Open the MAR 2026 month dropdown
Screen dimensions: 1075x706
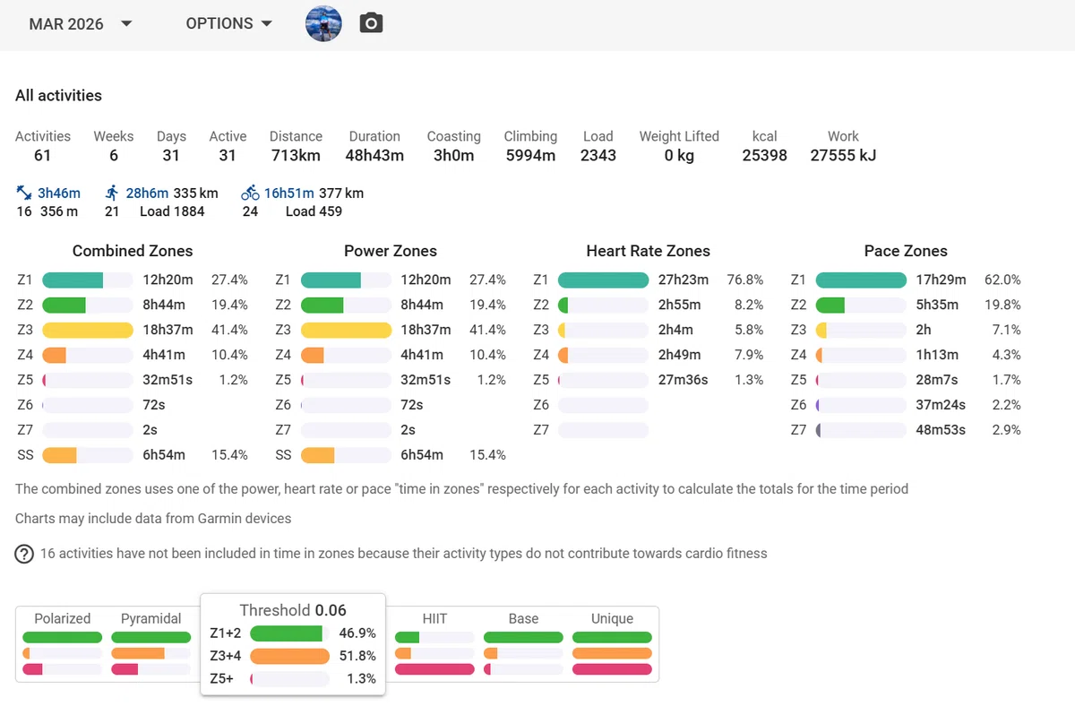(80, 23)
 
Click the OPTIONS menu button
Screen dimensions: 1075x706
(229, 23)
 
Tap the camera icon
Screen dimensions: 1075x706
(371, 23)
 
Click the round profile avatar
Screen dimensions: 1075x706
(323, 23)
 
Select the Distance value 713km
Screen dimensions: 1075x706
(296, 156)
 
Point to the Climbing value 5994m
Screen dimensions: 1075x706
(530, 156)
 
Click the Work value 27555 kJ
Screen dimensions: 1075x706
(843, 156)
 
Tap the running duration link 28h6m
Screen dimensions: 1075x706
(147, 193)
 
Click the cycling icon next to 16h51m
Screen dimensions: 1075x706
(250, 193)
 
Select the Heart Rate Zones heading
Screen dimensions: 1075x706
(648, 251)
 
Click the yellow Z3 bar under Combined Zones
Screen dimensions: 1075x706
(88, 330)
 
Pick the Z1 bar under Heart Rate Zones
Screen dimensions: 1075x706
(603, 280)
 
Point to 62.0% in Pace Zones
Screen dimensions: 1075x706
(1002, 280)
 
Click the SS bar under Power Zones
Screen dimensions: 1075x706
(318, 455)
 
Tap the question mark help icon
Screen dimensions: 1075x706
(24, 554)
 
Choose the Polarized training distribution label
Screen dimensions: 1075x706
(63, 619)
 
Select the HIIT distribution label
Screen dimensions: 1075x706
(434, 619)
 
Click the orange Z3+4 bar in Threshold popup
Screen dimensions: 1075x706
(290, 656)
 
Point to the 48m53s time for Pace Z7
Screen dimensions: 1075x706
(940, 430)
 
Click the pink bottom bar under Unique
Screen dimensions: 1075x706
(612, 669)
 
